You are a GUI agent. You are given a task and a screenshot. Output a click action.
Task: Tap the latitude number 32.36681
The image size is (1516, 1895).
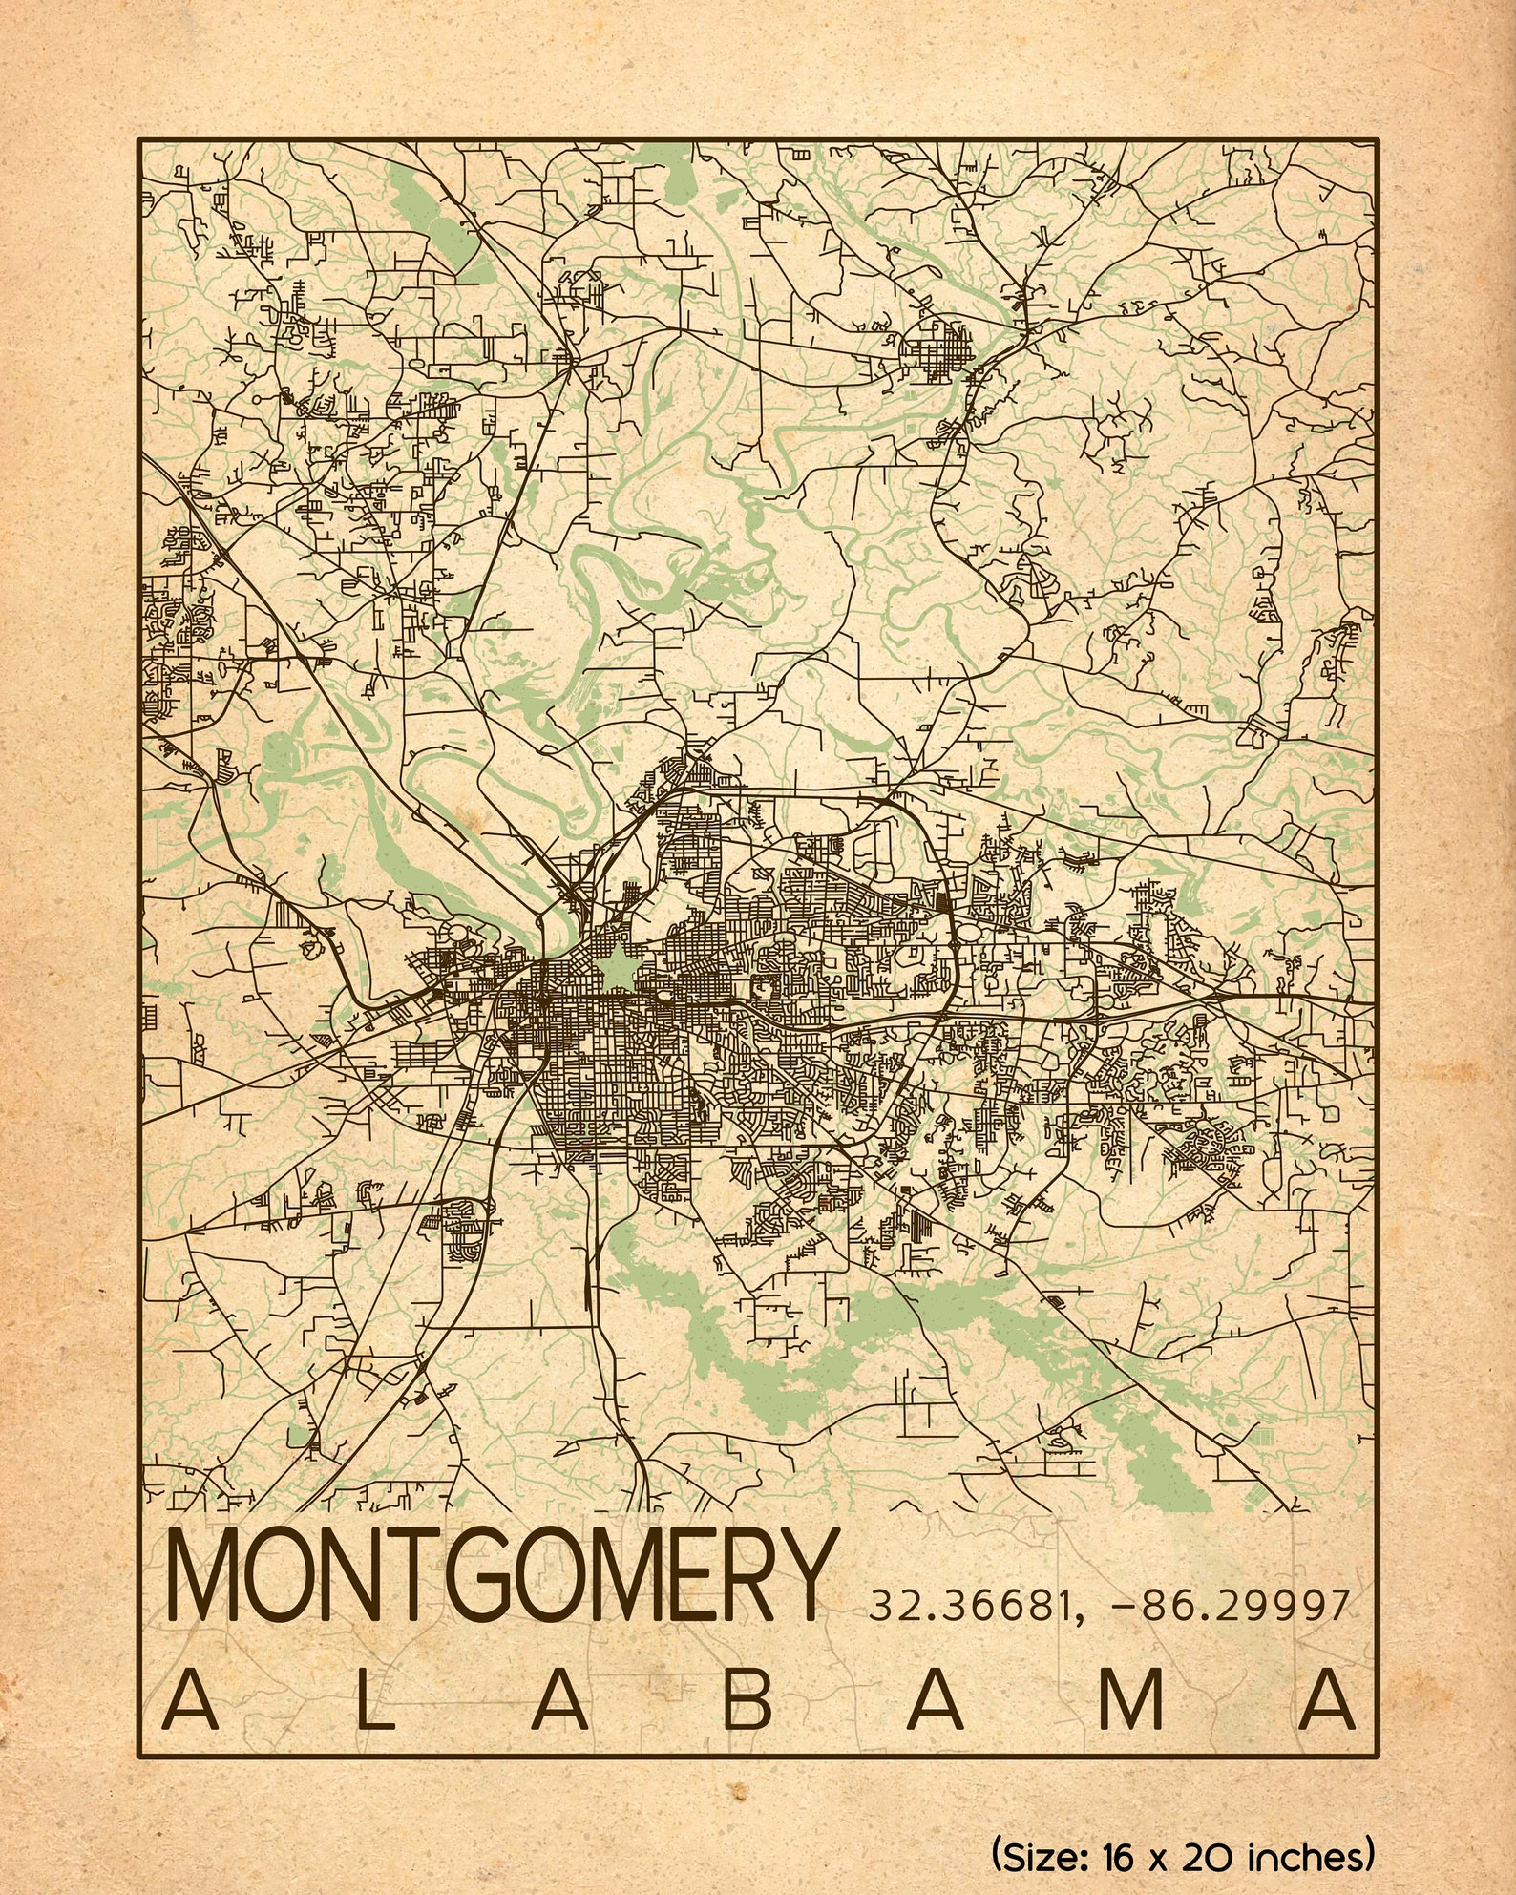(970, 1606)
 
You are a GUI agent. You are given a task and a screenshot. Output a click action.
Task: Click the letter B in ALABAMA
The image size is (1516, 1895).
(747, 1698)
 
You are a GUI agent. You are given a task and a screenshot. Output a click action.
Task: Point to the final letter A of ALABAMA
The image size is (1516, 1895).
(1328, 1698)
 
